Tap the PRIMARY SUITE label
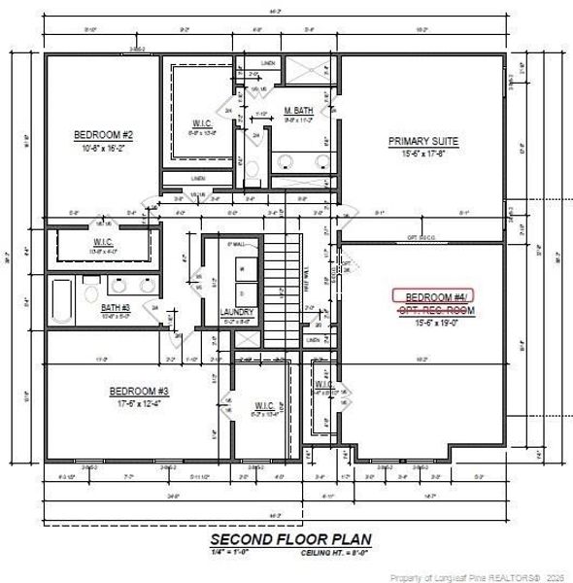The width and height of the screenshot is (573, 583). click(x=422, y=141)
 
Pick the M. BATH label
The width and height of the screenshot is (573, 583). click(x=298, y=110)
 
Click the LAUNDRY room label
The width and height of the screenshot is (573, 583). click(x=237, y=312)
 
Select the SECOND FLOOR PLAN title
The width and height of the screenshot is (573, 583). click(x=290, y=539)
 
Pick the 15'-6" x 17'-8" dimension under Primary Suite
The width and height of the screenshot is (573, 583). click(x=422, y=153)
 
